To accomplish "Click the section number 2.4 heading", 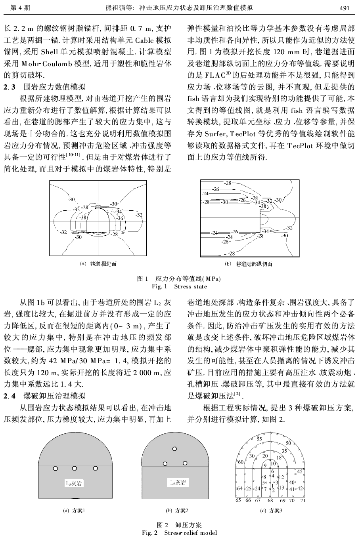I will point(10,396).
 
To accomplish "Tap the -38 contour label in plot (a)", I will point(83,217).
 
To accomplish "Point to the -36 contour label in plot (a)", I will point(121,218).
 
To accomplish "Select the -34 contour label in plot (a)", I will point(118,212).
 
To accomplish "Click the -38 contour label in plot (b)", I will point(262,206).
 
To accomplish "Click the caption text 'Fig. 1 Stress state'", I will point(180,286).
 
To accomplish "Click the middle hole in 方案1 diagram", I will point(75,468).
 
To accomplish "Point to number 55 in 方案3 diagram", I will point(259,439).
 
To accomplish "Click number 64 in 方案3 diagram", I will point(239,488).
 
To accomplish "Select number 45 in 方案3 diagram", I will point(300,471).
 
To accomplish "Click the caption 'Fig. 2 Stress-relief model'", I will point(180,533).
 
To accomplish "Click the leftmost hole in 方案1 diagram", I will point(55,468).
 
